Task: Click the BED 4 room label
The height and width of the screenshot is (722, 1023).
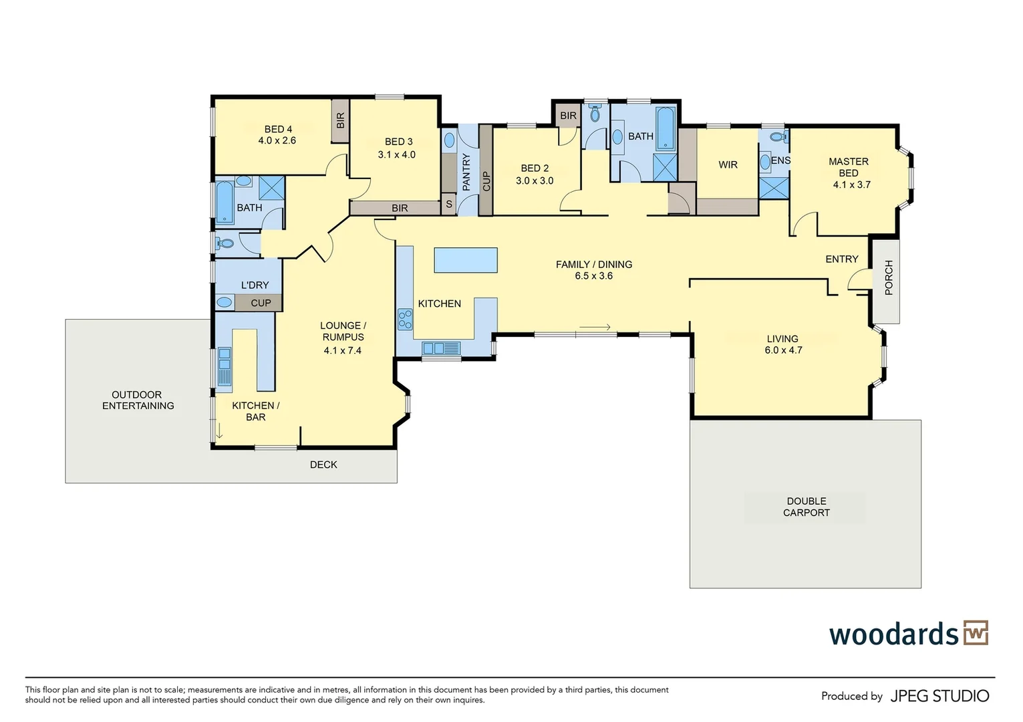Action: click(278, 129)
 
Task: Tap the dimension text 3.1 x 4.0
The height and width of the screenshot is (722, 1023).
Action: click(396, 154)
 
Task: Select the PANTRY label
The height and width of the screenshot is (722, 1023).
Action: click(466, 172)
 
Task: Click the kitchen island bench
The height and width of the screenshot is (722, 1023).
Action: click(466, 259)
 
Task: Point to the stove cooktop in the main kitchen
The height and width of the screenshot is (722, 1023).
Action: click(405, 320)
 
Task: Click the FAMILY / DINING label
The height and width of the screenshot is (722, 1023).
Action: click(593, 264)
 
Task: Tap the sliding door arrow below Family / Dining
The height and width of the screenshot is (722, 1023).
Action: click(594, 327)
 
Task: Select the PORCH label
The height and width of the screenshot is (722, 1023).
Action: click(888, 277)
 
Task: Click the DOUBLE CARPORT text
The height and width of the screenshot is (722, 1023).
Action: click(806, 507)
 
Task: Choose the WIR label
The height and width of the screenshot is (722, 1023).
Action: click(728, 164)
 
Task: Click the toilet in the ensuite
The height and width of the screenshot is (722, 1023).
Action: click(777, 137)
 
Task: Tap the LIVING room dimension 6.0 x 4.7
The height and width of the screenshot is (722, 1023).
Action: click(783, 350)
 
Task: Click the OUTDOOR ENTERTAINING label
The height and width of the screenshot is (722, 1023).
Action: click(138, 400)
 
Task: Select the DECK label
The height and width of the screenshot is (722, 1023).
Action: click(323, 465)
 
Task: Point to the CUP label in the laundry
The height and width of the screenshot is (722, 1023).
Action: click(261, 303)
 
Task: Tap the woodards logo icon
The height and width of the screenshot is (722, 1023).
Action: click(976, 632)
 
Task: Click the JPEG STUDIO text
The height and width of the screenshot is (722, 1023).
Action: click(939, 696)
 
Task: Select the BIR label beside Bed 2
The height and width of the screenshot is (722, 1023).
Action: click(568, 116)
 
